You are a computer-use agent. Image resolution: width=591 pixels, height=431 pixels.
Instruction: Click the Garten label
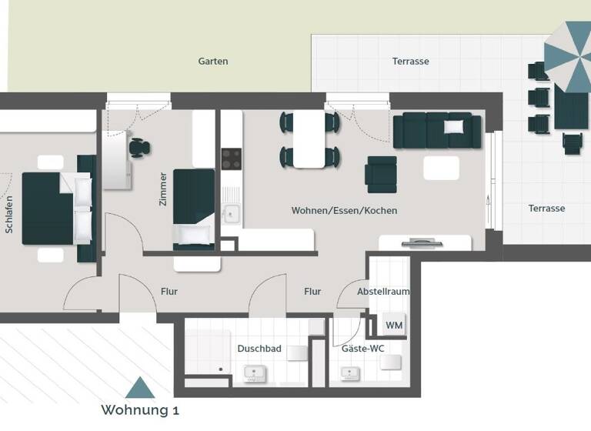coord(213,62)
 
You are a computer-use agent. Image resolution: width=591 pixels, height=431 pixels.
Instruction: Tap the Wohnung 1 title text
coord(140,410)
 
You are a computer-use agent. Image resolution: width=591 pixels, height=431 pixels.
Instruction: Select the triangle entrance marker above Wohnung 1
coord(140,387)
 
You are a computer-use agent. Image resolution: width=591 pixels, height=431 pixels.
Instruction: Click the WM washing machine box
coord(394,326)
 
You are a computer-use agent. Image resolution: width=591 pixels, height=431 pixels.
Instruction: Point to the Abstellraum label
coord(383,292)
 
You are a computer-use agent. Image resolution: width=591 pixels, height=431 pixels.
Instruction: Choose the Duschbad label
coord(259,349)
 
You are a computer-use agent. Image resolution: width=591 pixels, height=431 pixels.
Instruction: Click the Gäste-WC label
coord(362,349)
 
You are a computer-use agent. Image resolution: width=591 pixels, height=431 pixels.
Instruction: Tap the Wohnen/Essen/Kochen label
coord(344,210)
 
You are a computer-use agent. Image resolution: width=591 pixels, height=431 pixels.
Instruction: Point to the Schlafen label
coord(9,215)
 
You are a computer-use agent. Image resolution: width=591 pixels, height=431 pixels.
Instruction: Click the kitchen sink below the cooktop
coord(230,213)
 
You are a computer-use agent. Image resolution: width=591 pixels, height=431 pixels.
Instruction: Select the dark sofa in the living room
coord(436,129)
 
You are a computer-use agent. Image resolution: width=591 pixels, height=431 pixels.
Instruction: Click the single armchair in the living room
coord(381,175)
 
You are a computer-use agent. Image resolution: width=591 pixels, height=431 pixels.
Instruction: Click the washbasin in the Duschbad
coord(255,374)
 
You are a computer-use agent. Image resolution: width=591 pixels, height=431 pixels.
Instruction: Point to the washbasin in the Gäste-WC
coord(350,374)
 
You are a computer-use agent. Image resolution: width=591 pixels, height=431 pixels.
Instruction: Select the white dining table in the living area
coord(309,139)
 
